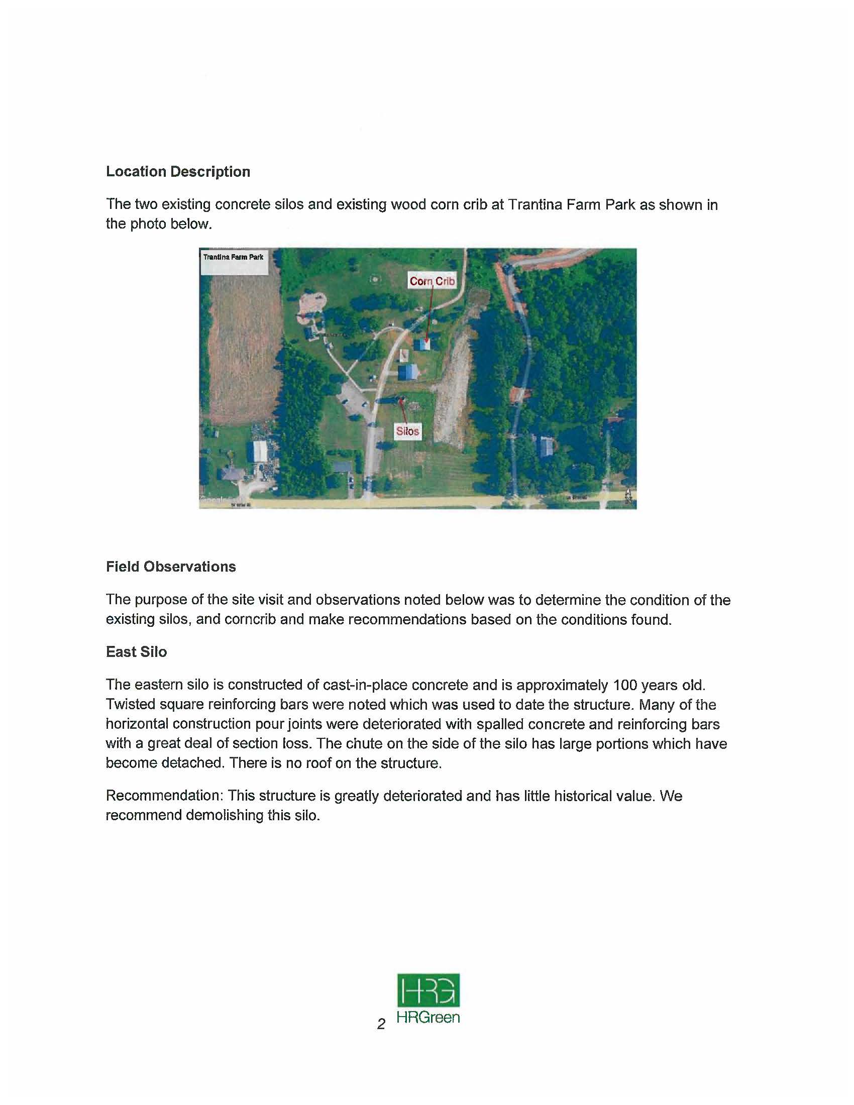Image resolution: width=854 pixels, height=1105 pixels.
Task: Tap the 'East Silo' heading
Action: tap(136, 651)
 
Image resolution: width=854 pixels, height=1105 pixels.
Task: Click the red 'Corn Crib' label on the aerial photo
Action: tap(432, 281)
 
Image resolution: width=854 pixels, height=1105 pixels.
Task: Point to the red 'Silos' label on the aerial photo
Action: tap(407, 431)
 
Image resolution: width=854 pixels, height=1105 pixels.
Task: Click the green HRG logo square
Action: tap(429, 990)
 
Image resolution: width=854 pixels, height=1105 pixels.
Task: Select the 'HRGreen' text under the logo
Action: tap(429, 1018)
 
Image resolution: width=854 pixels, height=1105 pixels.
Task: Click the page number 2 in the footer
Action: tap(381, 1024)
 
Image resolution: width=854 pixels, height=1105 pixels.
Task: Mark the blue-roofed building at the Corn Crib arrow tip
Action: tap(422, 345)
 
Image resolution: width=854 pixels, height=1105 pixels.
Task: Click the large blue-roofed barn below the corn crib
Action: tap(408, 372)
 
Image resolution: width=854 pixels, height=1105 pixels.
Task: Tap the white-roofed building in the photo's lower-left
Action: tap(260, 451)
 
